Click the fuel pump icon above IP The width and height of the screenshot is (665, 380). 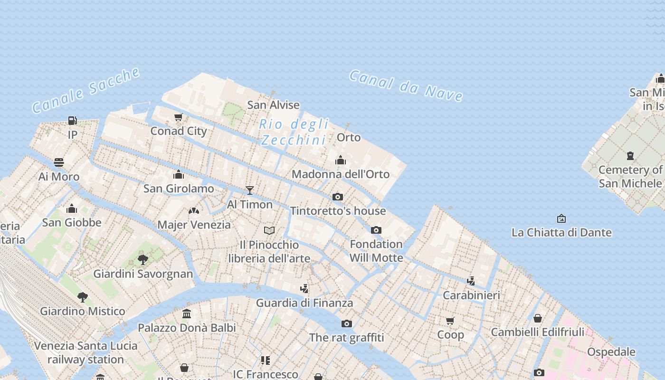pyautogui.click(x=72, y=121)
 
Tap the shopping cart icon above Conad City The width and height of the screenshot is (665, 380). pyautogui.click(x=179, y=117)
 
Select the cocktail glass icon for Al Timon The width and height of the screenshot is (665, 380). pyautogui.click(x=250, y=190)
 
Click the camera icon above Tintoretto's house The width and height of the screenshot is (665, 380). pyautogui.click(x=338, y=197)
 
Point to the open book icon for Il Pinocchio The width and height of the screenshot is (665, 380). pyautogui.click(x=269, y=231)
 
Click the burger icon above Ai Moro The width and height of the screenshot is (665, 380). pyautogui.click(x=59, y=162)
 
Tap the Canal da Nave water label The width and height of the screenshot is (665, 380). pyautogui.click(x=406, y=86)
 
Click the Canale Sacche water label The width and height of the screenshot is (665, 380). pyautogui.click(x=86, y=90)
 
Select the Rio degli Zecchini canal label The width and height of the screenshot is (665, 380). pyautogui.click(x=294, y=132)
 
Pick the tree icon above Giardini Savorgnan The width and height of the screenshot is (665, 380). pyautogui.click(x=143, y=259)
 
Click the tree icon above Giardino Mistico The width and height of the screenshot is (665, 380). pyautogui.click(x=83, y=297)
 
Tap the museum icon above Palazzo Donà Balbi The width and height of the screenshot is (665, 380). pyautogui.click(x=187, y=313)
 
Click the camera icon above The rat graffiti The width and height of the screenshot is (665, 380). pyautogui.click(x=347, y=323)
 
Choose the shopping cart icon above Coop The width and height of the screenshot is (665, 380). pyautogui.click(x=450, y=321)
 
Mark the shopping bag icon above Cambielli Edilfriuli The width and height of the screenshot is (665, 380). pyautogui.click(x=538, y=318)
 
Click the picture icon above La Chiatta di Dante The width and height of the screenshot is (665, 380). pyautogui.click(x=561, y=218)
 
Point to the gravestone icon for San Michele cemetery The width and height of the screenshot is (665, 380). pyautogui.click(x=630, y=156)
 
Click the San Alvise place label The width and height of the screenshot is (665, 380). pyautogui.click(x=274, y=105)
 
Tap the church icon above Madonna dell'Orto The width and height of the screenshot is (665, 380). pyautogui.click(x=341, y=160)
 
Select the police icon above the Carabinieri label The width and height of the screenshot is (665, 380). pyautogui.click(x=471, y=281)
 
